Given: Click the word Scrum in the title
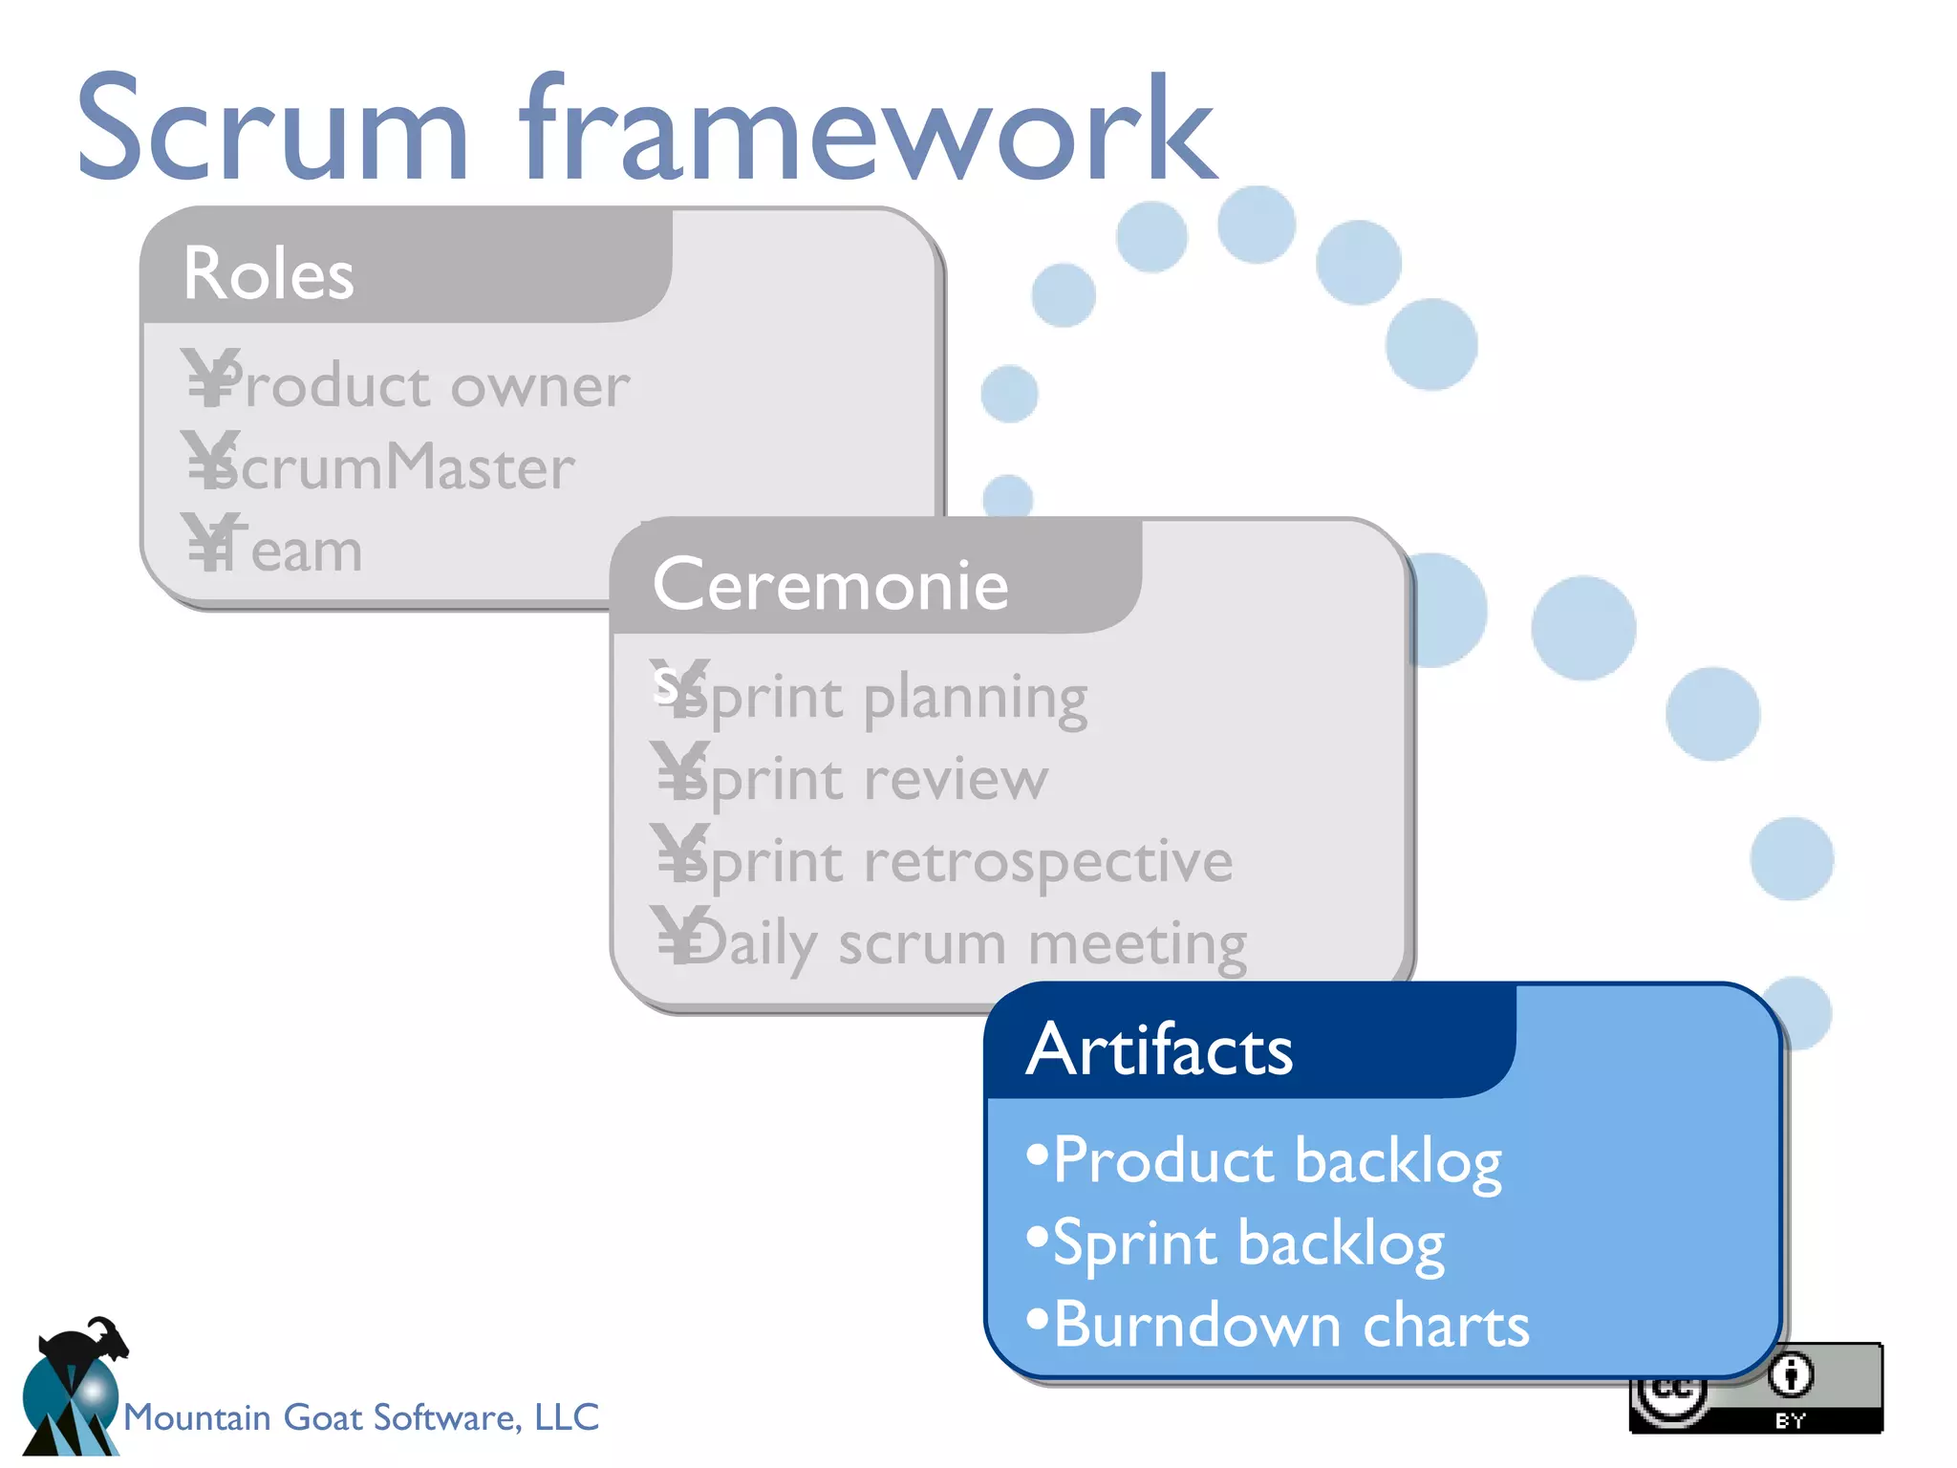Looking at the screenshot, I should [272, 129].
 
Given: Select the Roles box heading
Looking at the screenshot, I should [269, 273].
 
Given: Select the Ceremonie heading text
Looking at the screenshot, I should [830, 584].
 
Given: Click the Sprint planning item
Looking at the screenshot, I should [884, 698].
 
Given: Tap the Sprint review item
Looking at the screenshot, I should [865, 779].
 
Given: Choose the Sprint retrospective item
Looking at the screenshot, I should [956, 861].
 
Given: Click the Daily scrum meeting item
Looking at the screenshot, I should [965, 943].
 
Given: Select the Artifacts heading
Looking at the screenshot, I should [1159, 1049].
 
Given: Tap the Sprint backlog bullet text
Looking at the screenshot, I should [1248, 1243].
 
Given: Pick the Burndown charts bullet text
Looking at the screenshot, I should [1291, 1326].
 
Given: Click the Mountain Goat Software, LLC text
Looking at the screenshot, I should [361, 1416].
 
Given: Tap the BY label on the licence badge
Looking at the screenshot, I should [1790, 1420].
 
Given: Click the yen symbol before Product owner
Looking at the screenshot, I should [209, 378].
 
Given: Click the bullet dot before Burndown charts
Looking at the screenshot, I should [1037, 1320].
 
